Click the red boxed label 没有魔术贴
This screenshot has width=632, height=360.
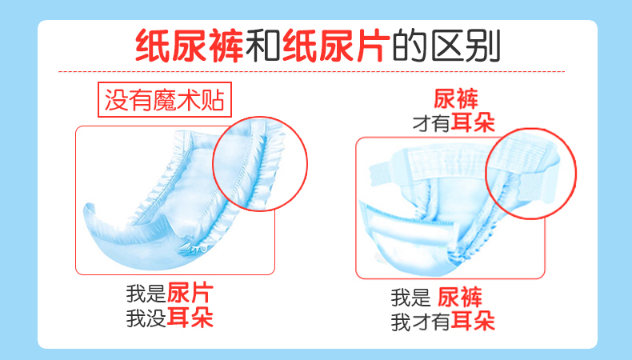(165, 99)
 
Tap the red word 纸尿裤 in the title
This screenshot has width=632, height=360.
(189, 46)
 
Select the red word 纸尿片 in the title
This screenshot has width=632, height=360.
(337, 46)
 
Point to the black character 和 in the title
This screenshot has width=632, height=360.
(262, 46)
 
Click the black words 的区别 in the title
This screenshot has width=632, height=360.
(446, 46)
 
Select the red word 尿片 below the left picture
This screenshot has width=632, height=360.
(190, 293)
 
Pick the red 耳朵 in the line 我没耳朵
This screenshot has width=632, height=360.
(190, 318)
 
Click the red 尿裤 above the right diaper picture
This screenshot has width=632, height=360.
(456, 99)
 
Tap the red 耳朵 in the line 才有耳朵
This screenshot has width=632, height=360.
(473, 122)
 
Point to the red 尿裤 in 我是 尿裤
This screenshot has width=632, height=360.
(460, 298)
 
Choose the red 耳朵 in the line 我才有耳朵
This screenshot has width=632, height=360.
(473, 321)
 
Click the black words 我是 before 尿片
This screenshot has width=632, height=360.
(146, 294)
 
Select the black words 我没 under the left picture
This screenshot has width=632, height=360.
(146, 318)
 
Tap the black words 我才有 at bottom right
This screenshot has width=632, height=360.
(420, 322)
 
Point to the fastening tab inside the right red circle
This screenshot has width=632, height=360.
(529, 188)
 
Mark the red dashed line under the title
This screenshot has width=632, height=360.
(311, 72)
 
